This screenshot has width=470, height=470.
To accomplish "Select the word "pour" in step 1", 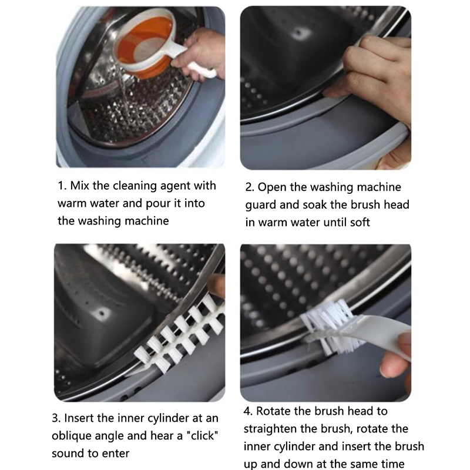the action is [x=158, y=204].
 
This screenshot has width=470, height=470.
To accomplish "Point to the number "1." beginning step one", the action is [x=62, y=186].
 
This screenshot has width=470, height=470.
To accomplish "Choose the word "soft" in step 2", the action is [x=360, y=223].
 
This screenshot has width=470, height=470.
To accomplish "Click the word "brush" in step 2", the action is [x=365, y=204].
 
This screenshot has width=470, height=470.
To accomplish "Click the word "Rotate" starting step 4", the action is [x=273, y=411].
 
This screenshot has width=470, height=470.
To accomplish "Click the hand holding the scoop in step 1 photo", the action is [x=200, y=54].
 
